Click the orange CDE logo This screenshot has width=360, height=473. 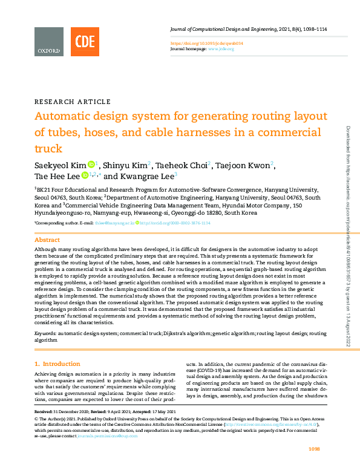(85, 42)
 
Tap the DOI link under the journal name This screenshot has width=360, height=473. (206, 44)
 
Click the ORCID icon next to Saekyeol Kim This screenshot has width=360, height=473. (91, 164)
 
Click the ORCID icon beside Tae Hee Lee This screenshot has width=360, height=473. (85, 176)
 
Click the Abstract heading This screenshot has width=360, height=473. (47, 240)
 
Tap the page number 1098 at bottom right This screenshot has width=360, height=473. (314, 448)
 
